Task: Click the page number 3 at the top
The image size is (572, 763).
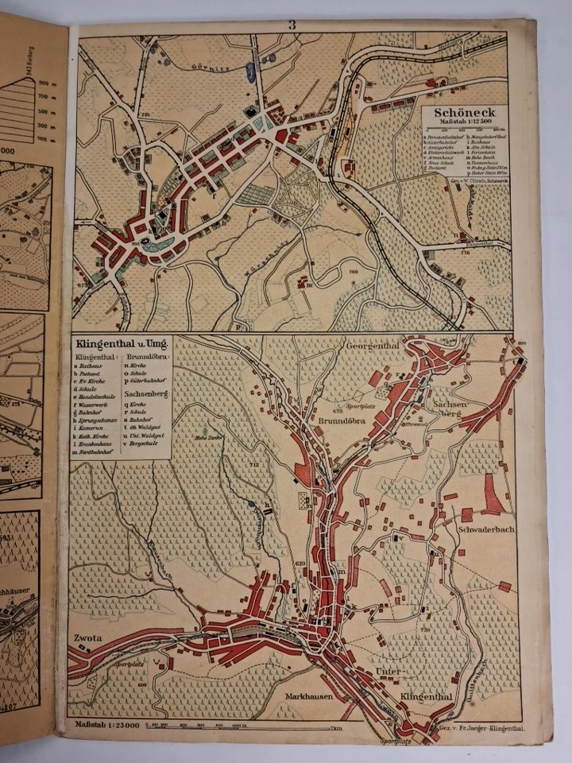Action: pos(292,25)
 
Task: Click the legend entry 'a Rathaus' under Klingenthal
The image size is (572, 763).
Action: pos(92,368)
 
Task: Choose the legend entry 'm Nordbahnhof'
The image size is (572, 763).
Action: pos(99,452)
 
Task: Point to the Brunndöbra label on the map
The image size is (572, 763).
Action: pos(343,421)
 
